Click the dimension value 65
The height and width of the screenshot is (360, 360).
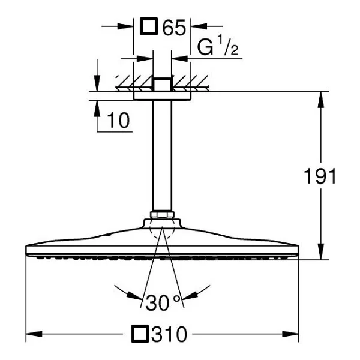[x=174, y=28]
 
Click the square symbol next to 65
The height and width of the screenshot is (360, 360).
[x=149, y=26]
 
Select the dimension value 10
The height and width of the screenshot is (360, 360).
[x=118, y=121]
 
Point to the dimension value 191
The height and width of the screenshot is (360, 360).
[x=320, y=176]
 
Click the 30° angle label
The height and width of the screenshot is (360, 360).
[x=163, y=302]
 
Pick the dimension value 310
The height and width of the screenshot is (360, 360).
[x=169, y=334]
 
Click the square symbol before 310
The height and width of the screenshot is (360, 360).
[x=140, y=334]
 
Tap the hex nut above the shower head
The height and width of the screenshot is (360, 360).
[x=162, y=215]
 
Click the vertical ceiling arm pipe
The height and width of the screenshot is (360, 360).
[x=162, y=155]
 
